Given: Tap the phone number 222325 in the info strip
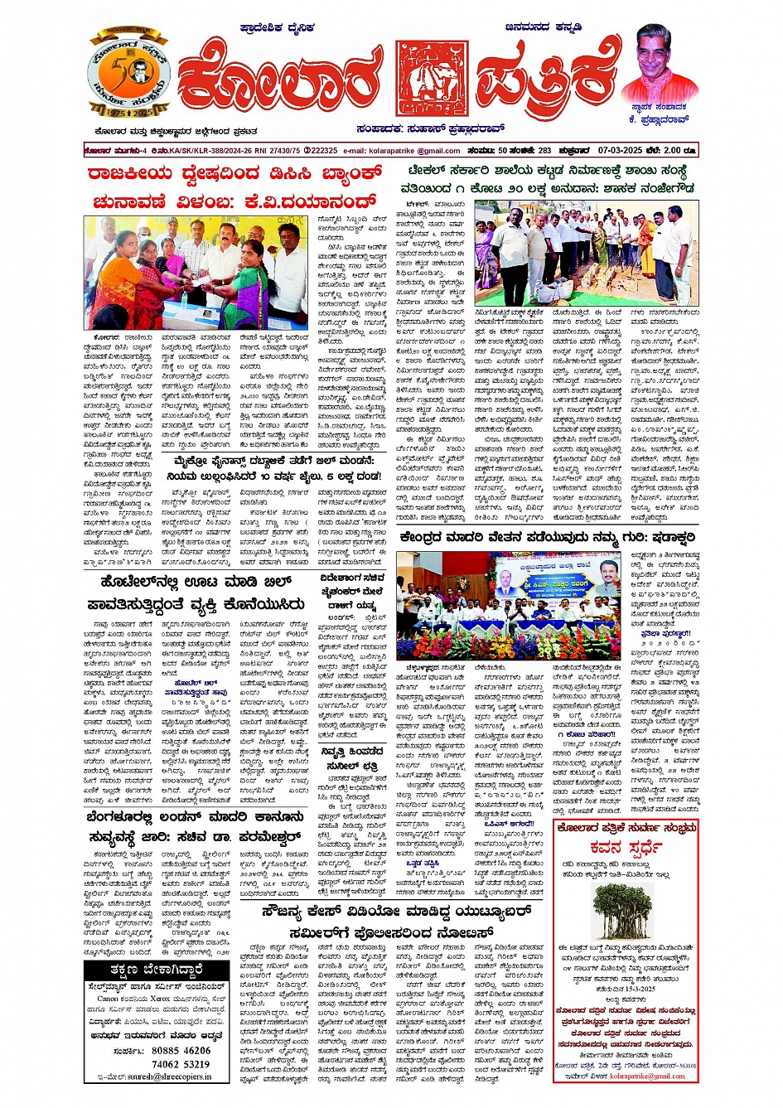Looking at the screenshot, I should coord(321,151).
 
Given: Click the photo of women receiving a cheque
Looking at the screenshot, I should coord(195,273).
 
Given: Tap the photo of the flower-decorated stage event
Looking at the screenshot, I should coord(508,606).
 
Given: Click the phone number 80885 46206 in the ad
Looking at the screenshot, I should coord(181,1050).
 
